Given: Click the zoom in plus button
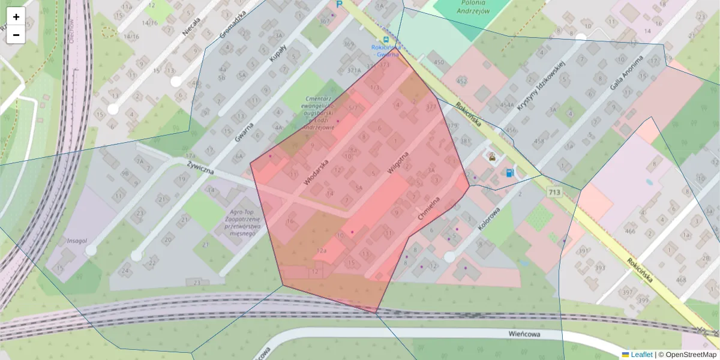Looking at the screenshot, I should (16, 17).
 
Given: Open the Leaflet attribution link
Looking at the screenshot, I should (641, 355).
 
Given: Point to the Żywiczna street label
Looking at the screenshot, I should (200, 168).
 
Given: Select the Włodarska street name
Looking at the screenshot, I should (316, 172).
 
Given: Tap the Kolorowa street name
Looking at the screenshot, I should (489, 219).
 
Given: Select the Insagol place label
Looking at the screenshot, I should (77, 241).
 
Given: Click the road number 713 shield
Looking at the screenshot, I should (554, 191).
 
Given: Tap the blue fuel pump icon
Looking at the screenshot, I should (509, 173).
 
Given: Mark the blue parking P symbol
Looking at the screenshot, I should (339, 4).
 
